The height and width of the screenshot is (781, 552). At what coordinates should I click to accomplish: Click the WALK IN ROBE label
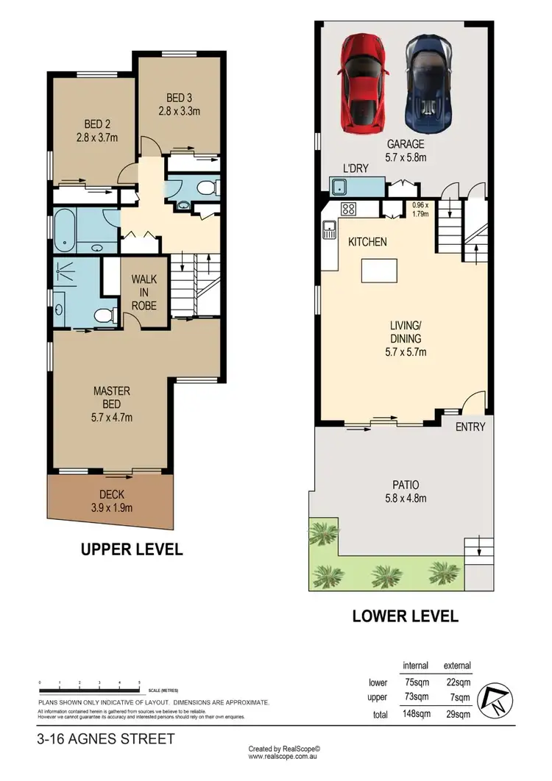pyautogui.click(x=144, y=292)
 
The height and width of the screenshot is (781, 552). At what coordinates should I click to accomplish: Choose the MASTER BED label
pyautogui.click(x=112, y=398)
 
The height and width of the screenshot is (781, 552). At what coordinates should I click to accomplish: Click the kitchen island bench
pyautogui.click(x=380, y=271)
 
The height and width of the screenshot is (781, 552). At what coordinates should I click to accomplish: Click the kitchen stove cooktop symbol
pyautogui.click(x=348, y=209)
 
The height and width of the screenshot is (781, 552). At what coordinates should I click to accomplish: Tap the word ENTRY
pyautogui.click(x=470, y=427)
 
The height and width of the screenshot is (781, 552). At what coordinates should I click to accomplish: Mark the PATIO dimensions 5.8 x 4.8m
pyautogui.click(x=406, y=498)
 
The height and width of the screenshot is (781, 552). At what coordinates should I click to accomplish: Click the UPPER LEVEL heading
pyautogui.click(x=132, y=549)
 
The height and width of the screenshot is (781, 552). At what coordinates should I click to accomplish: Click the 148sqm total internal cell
pyautogui.click(x=416, y=713)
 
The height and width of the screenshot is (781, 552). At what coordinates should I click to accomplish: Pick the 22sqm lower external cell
pyautogui.click(x=457, y=682)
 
